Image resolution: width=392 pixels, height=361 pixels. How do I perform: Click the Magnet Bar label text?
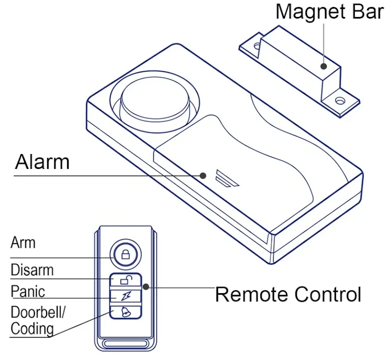(x=329, y=12)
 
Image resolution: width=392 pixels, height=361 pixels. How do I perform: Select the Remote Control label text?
(x=288, y=294)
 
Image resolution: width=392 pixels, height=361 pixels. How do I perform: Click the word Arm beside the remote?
(x=23, y=243)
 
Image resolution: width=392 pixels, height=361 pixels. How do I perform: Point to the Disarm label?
(x=32, y=270)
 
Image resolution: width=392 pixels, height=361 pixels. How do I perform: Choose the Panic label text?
(x=28, y=291)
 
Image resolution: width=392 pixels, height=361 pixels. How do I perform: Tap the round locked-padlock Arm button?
(x=125, y=255)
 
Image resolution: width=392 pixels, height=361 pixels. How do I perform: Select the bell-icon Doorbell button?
(x=125, y=311)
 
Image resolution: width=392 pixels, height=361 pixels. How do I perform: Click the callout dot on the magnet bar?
(x=323, y=66)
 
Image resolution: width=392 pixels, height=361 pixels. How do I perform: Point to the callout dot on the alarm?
(x=203, y=175)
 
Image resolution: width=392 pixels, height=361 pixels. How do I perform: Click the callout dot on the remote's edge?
(x=146, y=287)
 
